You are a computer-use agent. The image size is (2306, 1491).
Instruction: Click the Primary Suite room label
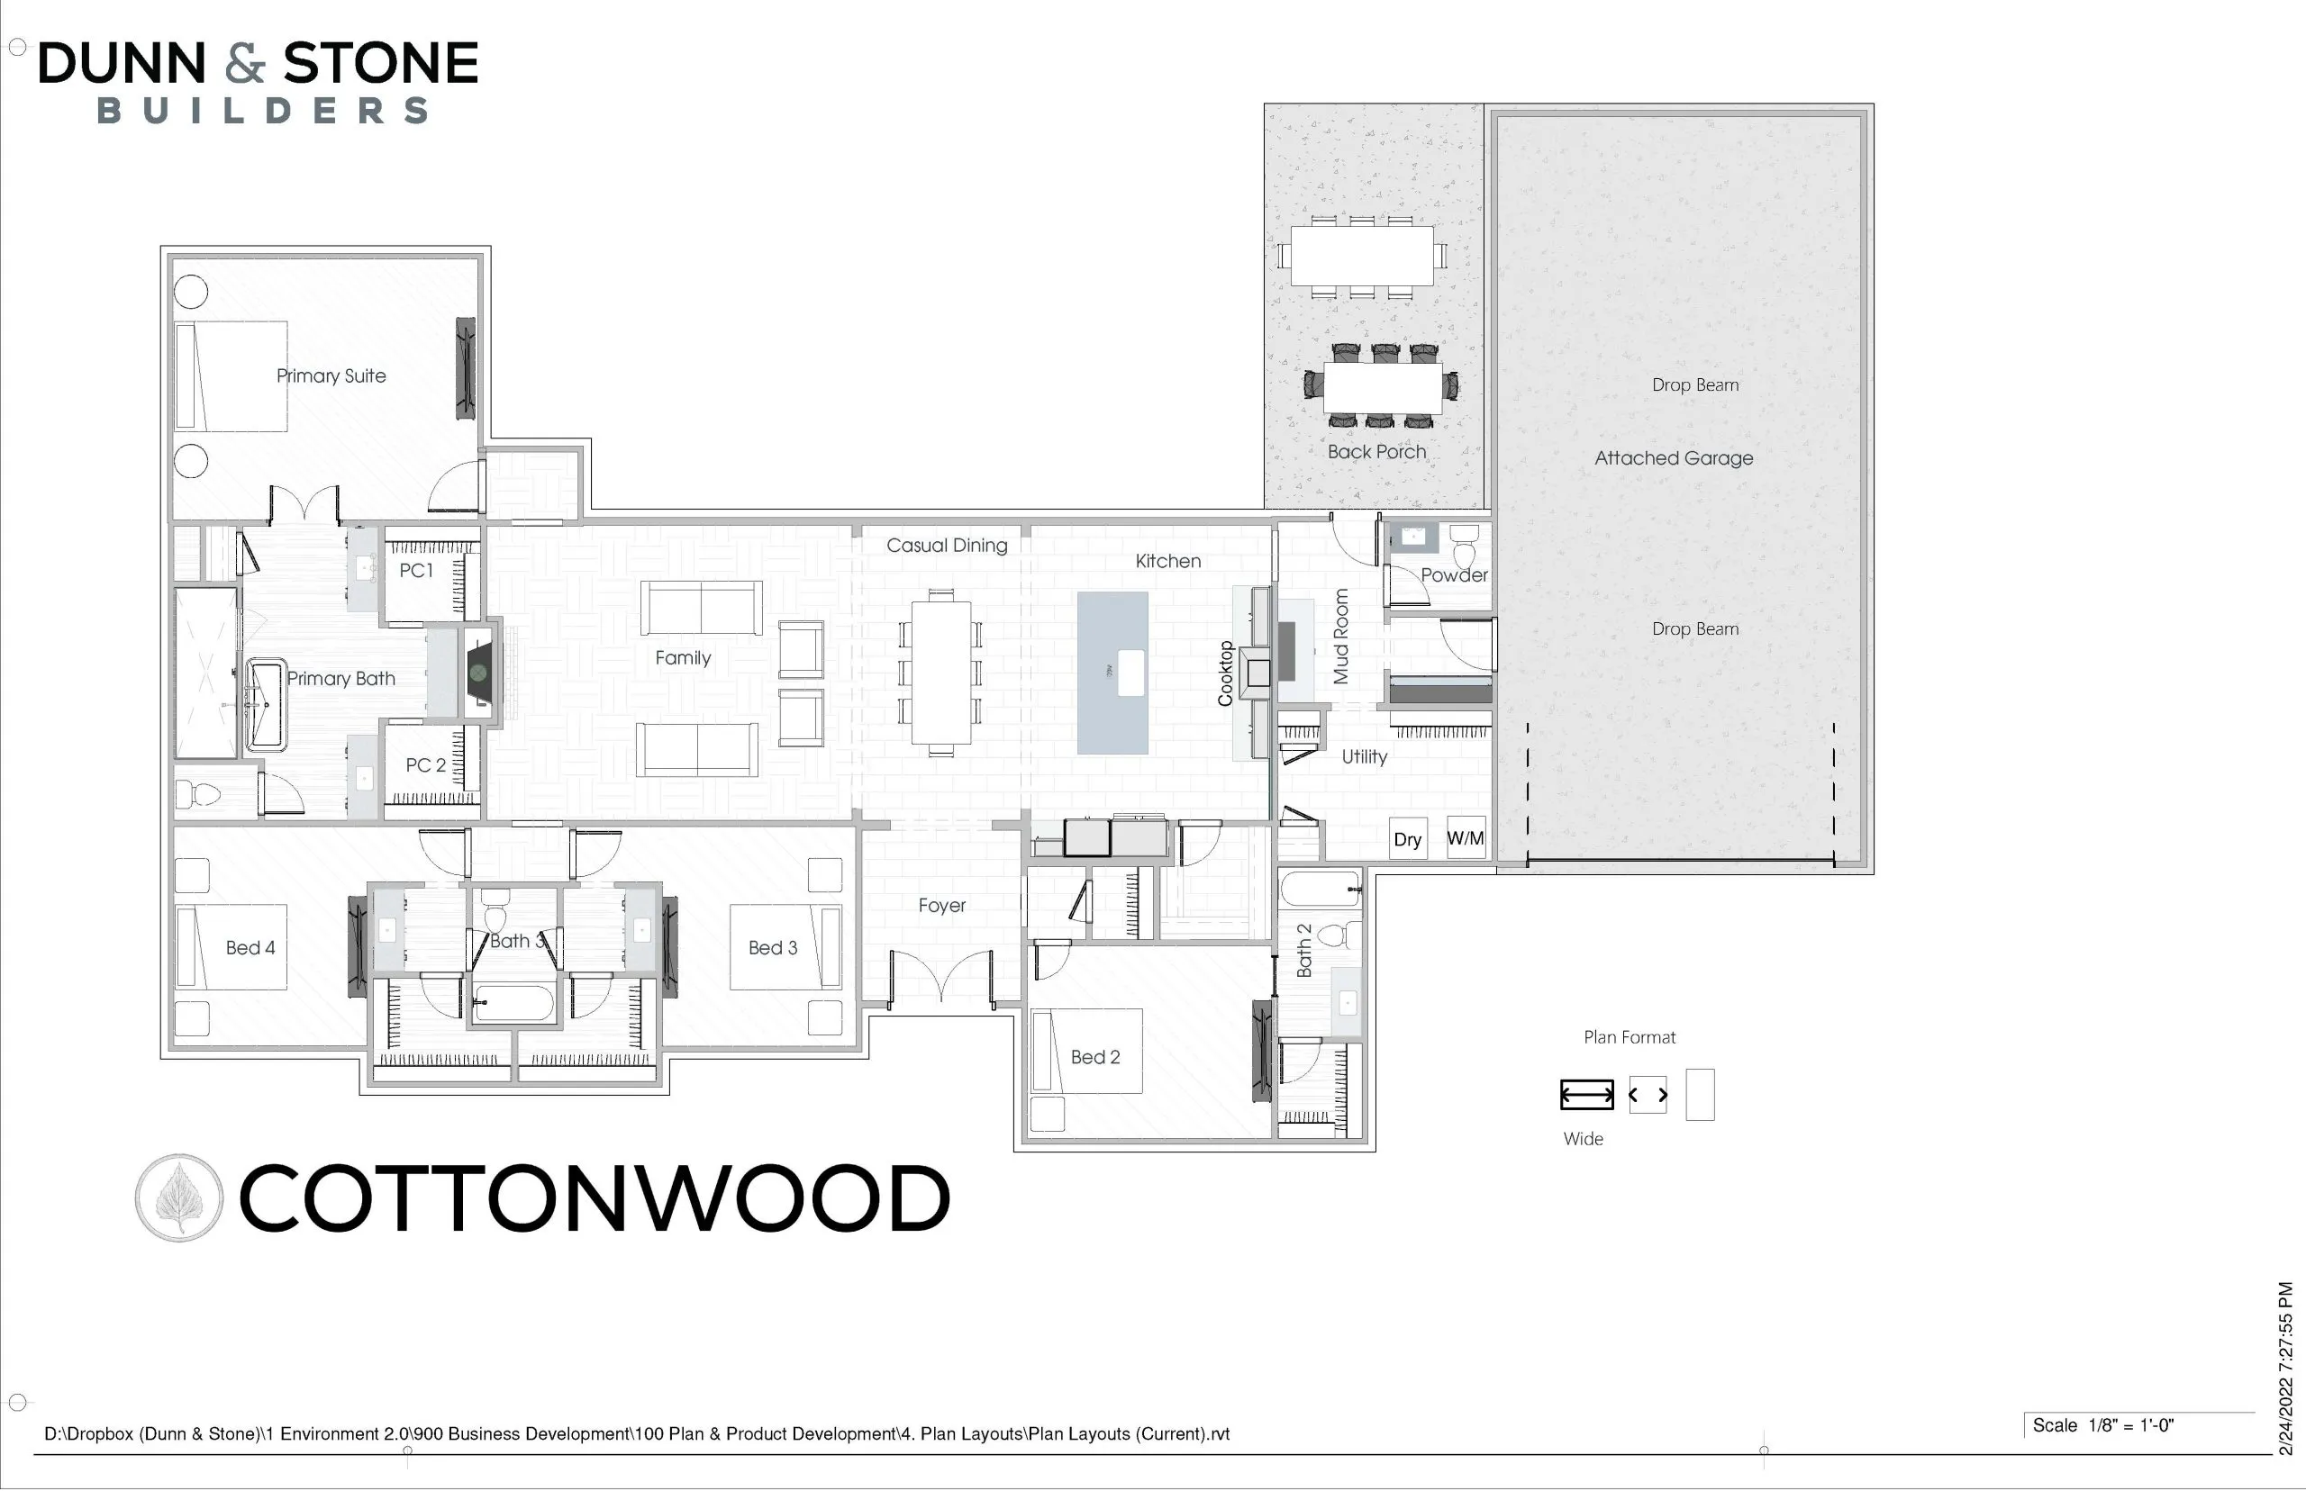331,375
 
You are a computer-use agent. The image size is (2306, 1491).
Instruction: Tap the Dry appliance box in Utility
1407,838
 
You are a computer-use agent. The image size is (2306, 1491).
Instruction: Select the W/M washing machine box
1466,837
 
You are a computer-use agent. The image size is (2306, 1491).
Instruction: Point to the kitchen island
1112,673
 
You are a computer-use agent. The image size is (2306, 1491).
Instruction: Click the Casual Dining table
940,673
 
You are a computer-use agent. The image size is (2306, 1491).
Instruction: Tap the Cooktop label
1225,673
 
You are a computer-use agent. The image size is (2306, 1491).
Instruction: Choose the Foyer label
942,905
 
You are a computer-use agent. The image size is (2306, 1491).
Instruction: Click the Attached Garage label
1674,458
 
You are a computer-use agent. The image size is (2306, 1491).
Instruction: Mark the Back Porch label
1376,451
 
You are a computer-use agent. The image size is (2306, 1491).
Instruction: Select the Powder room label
1454,575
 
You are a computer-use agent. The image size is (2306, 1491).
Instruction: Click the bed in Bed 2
1086,1052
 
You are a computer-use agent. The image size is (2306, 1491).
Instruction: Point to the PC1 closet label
416,570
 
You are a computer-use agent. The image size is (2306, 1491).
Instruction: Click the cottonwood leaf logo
179,1197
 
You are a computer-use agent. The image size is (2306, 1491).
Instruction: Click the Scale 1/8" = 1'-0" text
2102,1425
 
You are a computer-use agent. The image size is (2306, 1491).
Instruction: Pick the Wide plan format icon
1586,1095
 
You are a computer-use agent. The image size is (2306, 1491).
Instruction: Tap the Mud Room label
1341,636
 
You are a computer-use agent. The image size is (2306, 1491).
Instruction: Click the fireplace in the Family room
479,673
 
